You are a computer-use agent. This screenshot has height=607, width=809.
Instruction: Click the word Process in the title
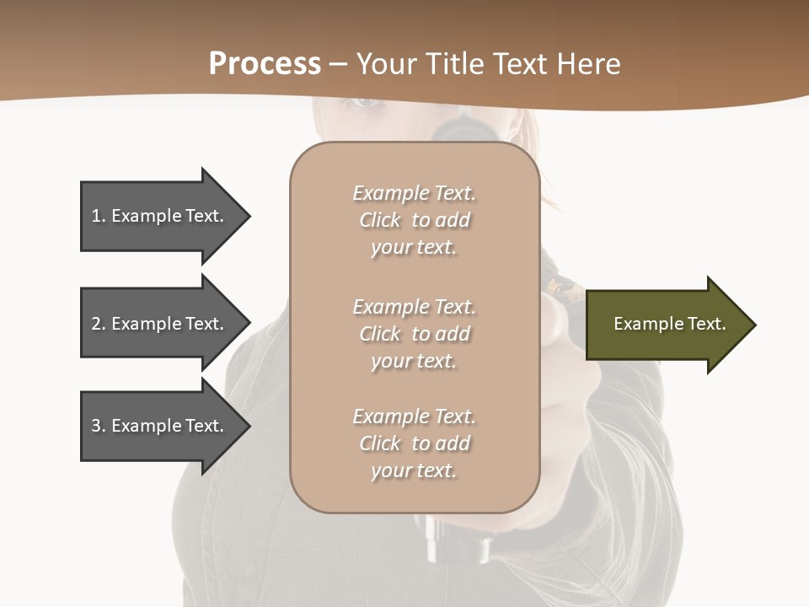coord(265,64)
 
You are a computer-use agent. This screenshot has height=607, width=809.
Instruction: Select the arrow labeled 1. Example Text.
coord(160,216)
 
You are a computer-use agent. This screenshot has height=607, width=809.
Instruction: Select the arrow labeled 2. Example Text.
coord(160,324)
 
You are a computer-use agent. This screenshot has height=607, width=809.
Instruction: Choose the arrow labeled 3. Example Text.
coord(160,426)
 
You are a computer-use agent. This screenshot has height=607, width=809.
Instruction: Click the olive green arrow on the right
coord(666,325)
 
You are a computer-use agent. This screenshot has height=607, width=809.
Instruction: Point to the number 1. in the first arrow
coord(99,216)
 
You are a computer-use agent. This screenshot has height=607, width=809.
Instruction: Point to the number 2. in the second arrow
coord(99,324)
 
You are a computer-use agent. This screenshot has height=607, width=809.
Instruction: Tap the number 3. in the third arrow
coord(99,426)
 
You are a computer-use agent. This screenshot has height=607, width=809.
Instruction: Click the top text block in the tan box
coord(414,220)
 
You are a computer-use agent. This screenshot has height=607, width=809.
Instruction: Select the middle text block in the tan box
coord(414,334)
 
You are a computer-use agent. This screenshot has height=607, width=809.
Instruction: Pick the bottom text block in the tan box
coord(414,443)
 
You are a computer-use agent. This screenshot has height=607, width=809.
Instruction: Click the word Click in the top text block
coord(380,220)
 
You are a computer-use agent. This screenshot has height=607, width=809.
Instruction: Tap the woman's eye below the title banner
coord(363,103)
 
